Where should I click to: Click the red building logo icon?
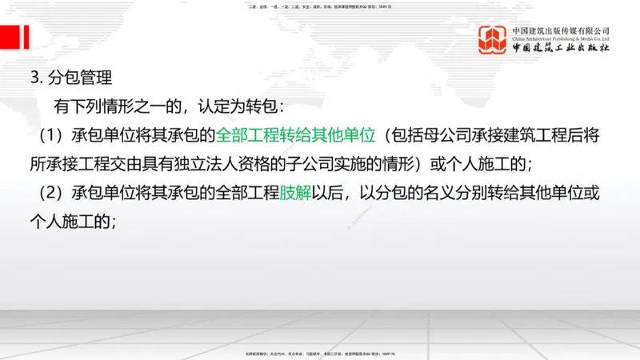(x=493, y=39)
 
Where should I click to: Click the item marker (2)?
(x=44, y=193)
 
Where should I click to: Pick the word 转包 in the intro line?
(x=258, y=107)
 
